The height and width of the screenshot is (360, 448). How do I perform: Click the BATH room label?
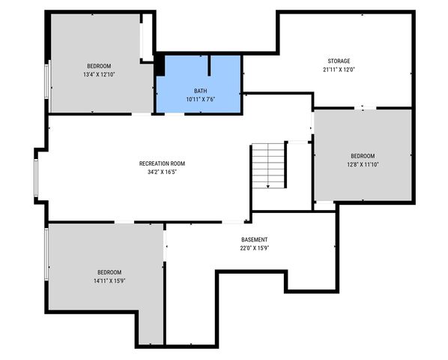point(200,91)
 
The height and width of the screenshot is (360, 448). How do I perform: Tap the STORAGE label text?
point(339,61)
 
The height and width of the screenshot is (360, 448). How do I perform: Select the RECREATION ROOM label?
point(162,163)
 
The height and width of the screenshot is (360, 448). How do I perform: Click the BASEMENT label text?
point(254,239)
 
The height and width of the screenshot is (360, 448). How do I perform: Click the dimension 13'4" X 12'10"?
point(98,74)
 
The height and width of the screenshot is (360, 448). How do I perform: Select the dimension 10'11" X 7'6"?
point(200,99)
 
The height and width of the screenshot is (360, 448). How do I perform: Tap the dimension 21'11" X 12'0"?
point(339,70)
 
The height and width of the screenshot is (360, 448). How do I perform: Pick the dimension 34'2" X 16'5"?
point(162,172)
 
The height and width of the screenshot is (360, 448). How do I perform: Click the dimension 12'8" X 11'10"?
point(363,164)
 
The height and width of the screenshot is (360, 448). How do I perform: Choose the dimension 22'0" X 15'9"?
point(254,247)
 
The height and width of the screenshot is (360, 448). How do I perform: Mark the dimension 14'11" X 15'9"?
point(109,280)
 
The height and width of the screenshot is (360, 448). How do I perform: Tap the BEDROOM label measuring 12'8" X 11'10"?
point(363,156)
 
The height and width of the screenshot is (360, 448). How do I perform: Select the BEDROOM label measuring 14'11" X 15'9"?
point(109,271)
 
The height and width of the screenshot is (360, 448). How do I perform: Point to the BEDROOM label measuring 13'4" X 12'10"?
point(98,66)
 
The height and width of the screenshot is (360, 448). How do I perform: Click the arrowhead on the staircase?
point(267,185)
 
